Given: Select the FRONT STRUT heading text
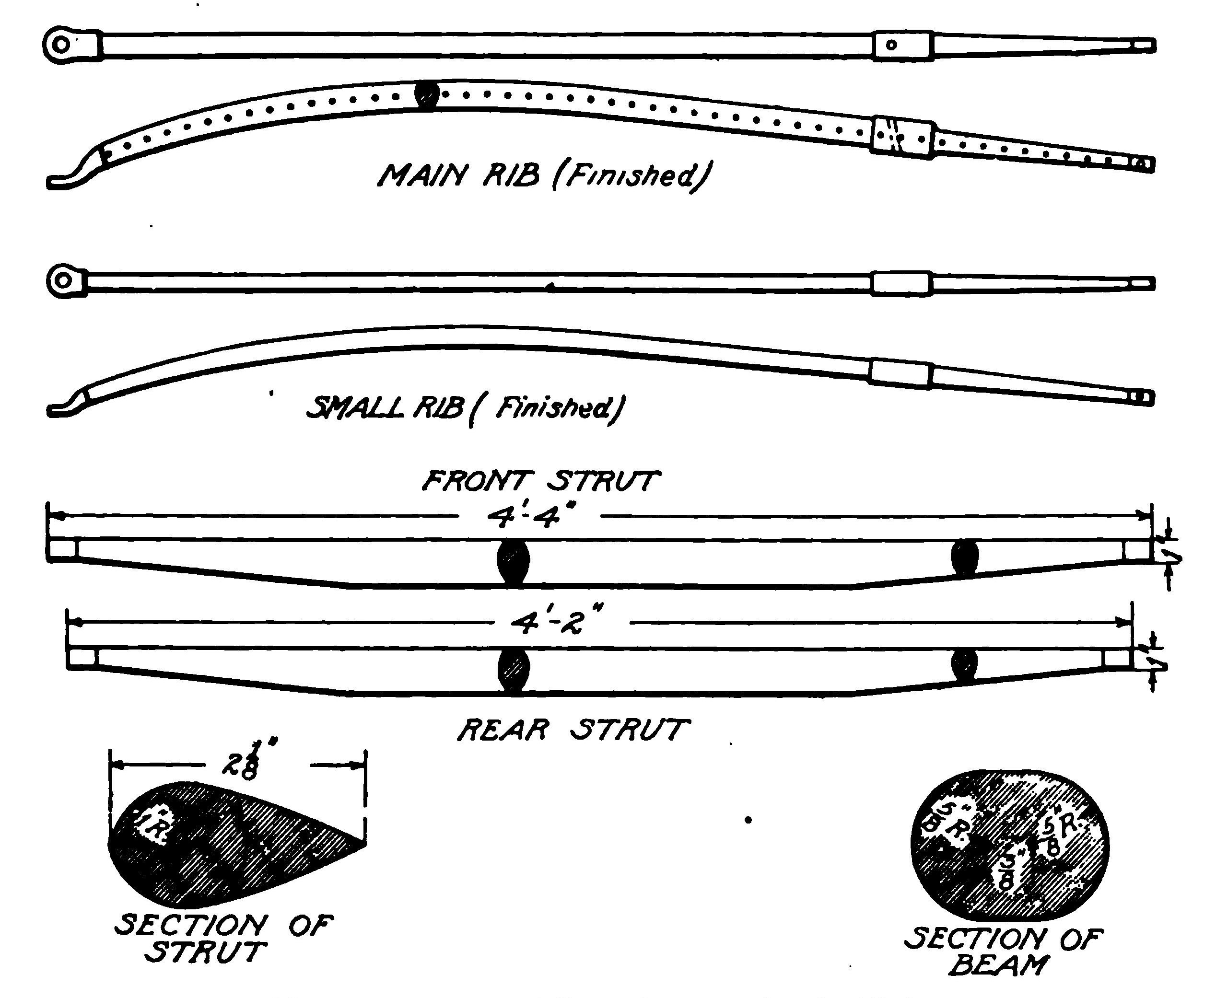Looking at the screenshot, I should (541, 481).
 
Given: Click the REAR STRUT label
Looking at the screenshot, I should (573, 730).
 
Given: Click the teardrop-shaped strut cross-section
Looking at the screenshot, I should (230, 845).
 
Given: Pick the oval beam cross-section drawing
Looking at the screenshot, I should (1010, 846).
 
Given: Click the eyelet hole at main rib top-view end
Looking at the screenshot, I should (63, 44).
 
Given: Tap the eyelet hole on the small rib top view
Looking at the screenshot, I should (65, 280).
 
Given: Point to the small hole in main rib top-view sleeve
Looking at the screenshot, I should (891, 45).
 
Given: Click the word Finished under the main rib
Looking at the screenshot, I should (629, 175).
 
